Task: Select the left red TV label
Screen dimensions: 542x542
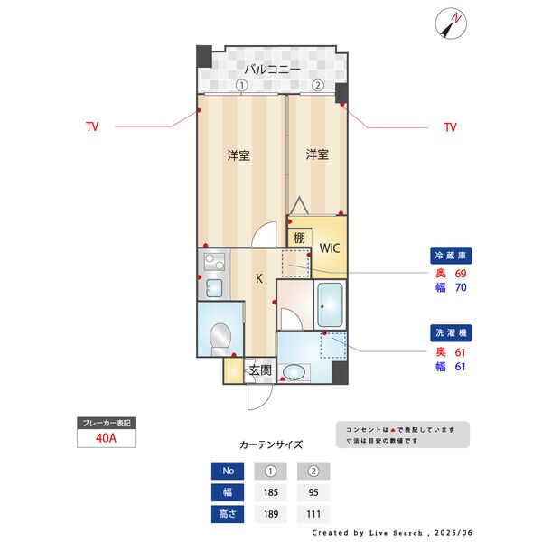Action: (x=92, y=127)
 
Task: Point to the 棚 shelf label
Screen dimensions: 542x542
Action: (x=297, y=238)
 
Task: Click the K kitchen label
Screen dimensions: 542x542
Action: (x=259, y=278)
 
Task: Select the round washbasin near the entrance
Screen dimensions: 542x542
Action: (x=294, y=371)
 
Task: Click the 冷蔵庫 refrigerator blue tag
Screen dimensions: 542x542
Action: (x=449, y=256)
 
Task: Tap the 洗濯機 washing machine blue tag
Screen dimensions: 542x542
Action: (x=449, y=333)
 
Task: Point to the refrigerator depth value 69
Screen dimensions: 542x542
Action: (x=460, y=273)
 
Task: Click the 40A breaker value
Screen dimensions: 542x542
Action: (x=107, y=439)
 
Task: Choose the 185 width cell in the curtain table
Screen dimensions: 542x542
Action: (x=271, y=493)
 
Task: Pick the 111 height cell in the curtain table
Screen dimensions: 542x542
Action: (x=313, y=515)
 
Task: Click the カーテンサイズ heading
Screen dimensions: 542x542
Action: (x=270, y=444)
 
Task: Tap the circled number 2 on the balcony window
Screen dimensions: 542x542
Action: (x=318, y=86)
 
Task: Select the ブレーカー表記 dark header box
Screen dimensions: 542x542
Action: (x=107, y=423)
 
